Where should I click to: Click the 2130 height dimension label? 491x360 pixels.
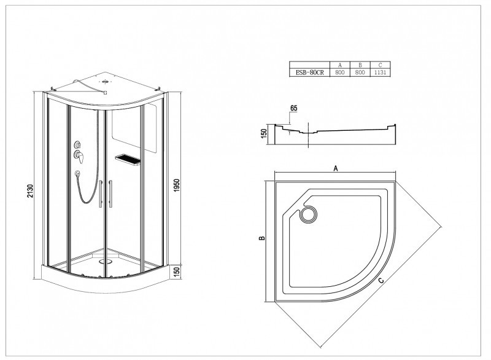coord(30,190)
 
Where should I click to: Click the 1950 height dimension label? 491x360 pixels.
coord(177,186)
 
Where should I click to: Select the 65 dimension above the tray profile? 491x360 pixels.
coord(294,108)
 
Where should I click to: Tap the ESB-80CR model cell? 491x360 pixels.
coord(310,72)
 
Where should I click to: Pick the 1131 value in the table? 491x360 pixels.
coord(380,72)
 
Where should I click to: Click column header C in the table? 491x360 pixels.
coord(380,65)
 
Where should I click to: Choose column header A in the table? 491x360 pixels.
coord(340,65)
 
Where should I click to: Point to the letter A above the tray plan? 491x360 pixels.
coord(336,168)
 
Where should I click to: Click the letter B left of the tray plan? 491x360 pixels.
coord(263,238)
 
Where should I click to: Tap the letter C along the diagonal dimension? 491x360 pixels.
coord(381,280)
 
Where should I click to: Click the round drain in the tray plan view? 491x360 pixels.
coord(309,214)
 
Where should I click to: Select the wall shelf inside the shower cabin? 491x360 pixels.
coord(128,159)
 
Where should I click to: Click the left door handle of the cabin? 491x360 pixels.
coord(101,194)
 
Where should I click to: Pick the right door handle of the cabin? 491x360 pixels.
coord(110,194)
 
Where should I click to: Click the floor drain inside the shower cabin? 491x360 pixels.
coord(105,261)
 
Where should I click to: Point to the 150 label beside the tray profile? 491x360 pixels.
coord(264,133)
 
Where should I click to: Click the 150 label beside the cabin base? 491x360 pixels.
coord(177,272)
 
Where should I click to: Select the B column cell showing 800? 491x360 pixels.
coord(360,72)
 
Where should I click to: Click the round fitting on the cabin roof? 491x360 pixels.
coord(105,82)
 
